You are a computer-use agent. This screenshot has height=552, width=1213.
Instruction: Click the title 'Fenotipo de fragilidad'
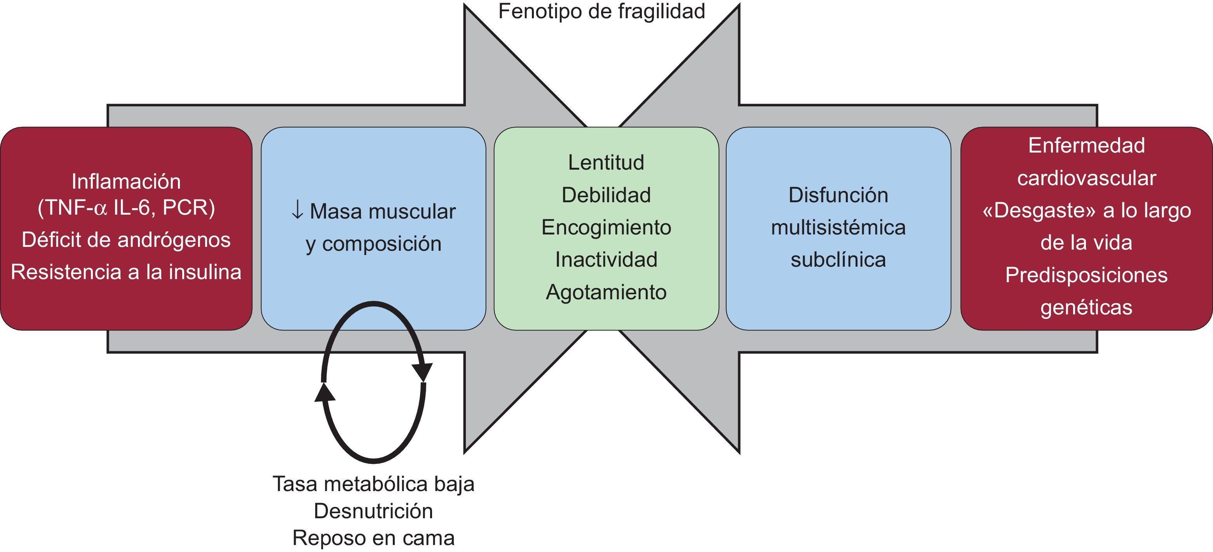[x=601, y=12]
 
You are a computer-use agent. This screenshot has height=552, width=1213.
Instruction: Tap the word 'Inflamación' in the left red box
[x=126, y=182]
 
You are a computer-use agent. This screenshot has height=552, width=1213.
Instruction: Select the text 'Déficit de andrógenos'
[x=126, y=240]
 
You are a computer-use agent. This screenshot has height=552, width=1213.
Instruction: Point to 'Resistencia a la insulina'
[x=126, y=273]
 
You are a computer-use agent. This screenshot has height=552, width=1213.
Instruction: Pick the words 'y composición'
[x=373, y=244]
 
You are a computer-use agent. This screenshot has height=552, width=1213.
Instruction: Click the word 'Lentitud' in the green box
[x=606, y=163]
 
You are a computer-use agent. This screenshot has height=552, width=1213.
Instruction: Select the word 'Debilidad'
[x=606, y=195]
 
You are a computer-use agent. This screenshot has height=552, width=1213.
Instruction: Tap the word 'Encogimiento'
[x=606, y=228]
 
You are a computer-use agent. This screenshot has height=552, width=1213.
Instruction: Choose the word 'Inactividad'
[x=606, y=260]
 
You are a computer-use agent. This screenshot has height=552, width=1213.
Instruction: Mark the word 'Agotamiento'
[x=606, y=292]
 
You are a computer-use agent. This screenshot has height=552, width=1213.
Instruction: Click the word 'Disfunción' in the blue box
[x=838, y=195]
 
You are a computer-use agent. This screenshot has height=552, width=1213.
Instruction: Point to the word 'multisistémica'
[x=838, y=228]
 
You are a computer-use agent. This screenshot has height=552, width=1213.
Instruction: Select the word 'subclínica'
[x=838, y=260]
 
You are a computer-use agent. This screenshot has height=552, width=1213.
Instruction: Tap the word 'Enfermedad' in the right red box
[x=1086, y=146]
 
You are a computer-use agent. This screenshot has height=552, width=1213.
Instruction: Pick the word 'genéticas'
[x=1086, y=308]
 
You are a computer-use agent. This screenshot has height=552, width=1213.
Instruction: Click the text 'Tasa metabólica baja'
[x=373, y=484]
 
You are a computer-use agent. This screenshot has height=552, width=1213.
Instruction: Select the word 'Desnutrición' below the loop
[x=373, y=511]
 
